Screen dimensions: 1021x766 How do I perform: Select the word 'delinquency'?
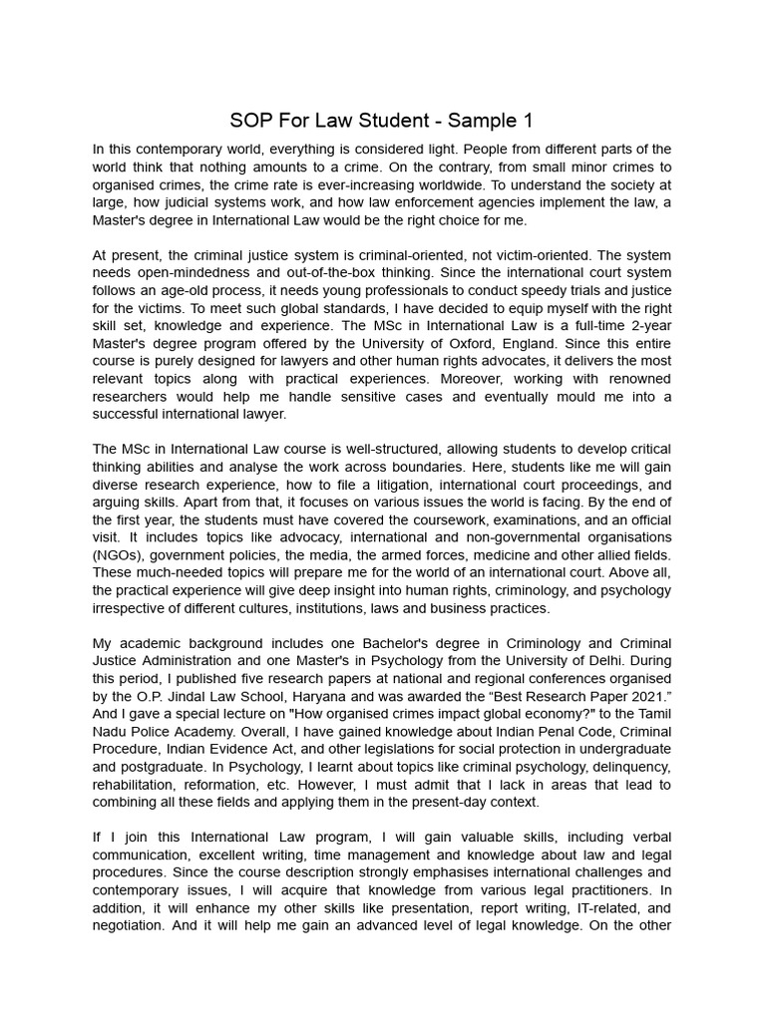pos(627,766)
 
